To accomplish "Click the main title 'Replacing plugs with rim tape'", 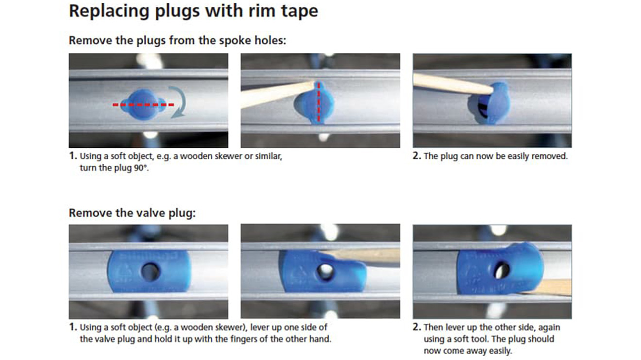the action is pyautogui.click(x=193, y=12).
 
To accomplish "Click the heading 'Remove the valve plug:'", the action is pyautogui.click(x=132, y=213).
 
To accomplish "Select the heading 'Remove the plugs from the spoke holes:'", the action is pyautogui.click(x=177, y=40).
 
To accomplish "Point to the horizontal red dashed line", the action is pyautogui.click(x=143, y=105).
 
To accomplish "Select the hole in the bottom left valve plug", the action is pyautogui.click(x=151, y=272).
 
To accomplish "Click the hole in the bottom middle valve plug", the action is pyautogui.click(x=326, y=272).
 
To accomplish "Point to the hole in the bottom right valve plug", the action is pyautogui.click(x=501, y=270).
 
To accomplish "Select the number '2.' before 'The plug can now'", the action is pyautogui.click(x=417, y=156).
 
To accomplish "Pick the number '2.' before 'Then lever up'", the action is pyautogui.click(x=417, y=327).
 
